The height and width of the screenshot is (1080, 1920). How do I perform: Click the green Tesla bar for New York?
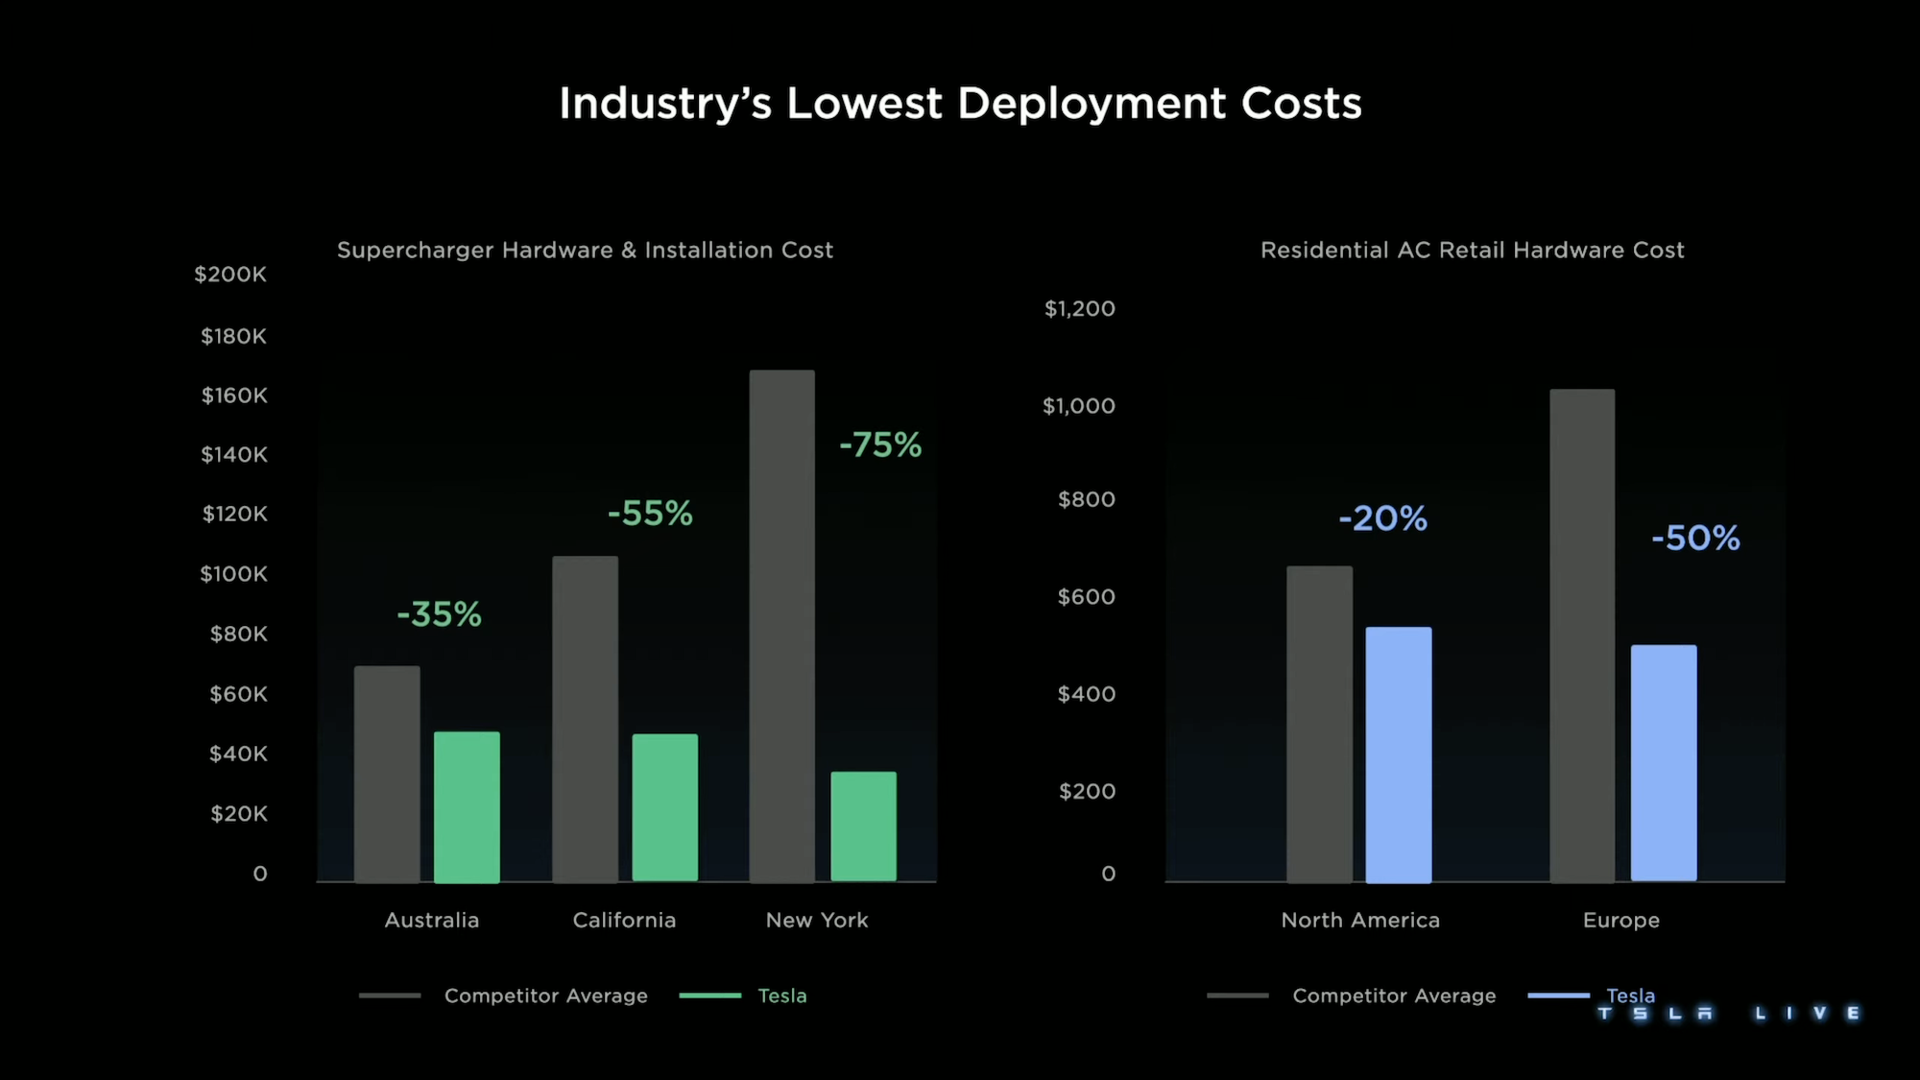[863, 827]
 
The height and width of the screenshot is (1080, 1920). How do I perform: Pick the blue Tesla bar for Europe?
[1664, 762]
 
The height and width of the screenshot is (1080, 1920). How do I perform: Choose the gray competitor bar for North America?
[1319, 724]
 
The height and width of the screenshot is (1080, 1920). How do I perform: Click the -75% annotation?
[879, 444]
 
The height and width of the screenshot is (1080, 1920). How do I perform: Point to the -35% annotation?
[439, 614]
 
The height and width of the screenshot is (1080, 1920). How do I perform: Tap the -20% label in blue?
[1382, 518]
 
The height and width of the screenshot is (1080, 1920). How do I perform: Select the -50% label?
[1695, 538]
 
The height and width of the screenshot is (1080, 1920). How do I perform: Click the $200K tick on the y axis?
[230, 275]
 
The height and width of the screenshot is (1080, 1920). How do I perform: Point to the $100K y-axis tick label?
[233, 574]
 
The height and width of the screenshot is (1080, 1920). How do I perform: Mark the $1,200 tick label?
[1079, 309]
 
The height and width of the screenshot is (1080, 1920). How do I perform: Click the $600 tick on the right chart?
[1086, 597]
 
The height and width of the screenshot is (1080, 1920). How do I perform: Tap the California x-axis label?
[624, 920]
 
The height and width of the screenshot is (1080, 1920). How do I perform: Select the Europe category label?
[1620, 920]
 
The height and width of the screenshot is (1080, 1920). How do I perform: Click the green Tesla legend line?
[709, 996]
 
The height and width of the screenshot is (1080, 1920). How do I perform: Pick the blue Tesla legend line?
[1558, 996]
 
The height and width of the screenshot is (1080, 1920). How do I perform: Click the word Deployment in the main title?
[1092, 103]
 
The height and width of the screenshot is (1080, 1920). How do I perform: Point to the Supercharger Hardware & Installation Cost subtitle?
[585, 251]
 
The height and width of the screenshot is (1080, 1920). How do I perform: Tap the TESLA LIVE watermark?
[1728, 1013]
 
